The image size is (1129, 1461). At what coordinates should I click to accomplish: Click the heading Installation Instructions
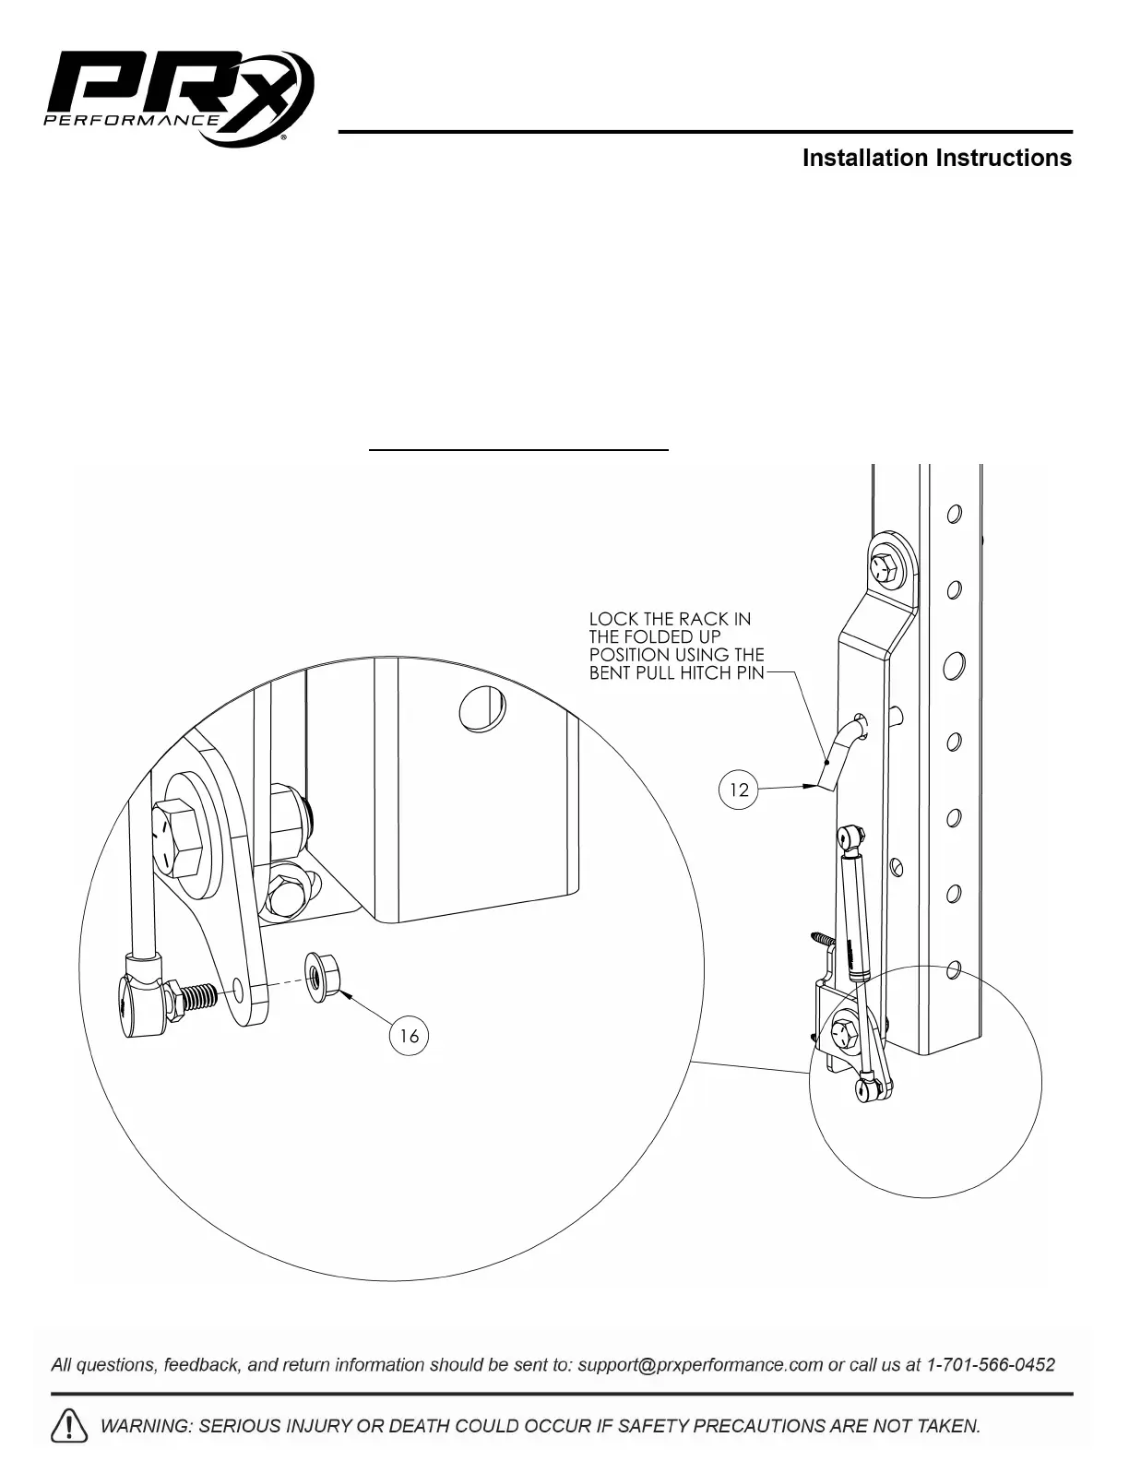click(x=936, y=159)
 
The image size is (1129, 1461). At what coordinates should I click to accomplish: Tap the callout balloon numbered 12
click(x=739, y=790)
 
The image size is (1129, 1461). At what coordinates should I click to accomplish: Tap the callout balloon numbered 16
click(x=409, y=1036)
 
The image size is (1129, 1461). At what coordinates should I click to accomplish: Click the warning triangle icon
click(x=70, y=1426)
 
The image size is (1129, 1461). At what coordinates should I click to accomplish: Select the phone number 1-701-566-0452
click(x=990, y=1365)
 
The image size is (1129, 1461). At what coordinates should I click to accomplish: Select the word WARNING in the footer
click(x=143, y=1426)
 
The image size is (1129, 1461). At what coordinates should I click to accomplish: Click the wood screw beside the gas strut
click(x=823, y=940)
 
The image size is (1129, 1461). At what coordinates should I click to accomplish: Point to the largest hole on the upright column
click(x=955, y=663)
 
